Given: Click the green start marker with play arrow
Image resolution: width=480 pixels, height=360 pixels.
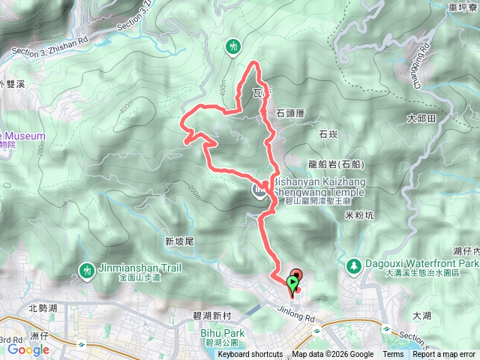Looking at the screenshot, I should (292, 283).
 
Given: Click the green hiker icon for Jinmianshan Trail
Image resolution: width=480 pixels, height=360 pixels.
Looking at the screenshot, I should (88, 268).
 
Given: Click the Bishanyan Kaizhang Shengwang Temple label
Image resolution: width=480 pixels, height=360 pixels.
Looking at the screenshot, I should (311, 187).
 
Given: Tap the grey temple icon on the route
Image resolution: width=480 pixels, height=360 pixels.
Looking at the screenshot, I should (257, 192).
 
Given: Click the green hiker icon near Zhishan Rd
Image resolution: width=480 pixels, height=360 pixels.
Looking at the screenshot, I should (233, 47).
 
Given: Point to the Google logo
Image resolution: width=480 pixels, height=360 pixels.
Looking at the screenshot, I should (28, 349).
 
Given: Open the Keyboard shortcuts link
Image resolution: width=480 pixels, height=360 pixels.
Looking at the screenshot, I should (250, 355).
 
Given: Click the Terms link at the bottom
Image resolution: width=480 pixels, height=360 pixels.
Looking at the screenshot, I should (393, 355).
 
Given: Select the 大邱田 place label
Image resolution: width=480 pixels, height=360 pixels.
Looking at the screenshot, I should (421, 118).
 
